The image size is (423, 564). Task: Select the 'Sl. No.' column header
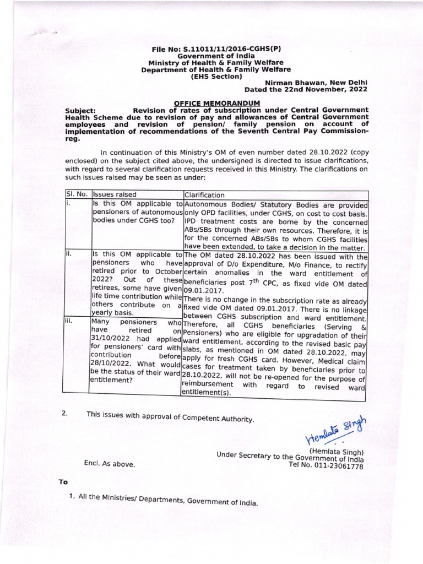pyautogui.click(x=76, y=194)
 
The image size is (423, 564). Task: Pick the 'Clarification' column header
pyautogui.click(x=205, y=194)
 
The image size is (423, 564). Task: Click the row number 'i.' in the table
pyautogui.click(x=68, y=203)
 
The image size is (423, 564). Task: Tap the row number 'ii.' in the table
pyautogui.click(x=69, y=255)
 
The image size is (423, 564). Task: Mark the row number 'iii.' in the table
pyautogui.click(x=70, y=321)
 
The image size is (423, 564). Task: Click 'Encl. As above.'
pyautogui.click(x=110, y=464)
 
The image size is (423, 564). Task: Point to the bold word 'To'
pyautogui.click(x=63, y=482)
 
